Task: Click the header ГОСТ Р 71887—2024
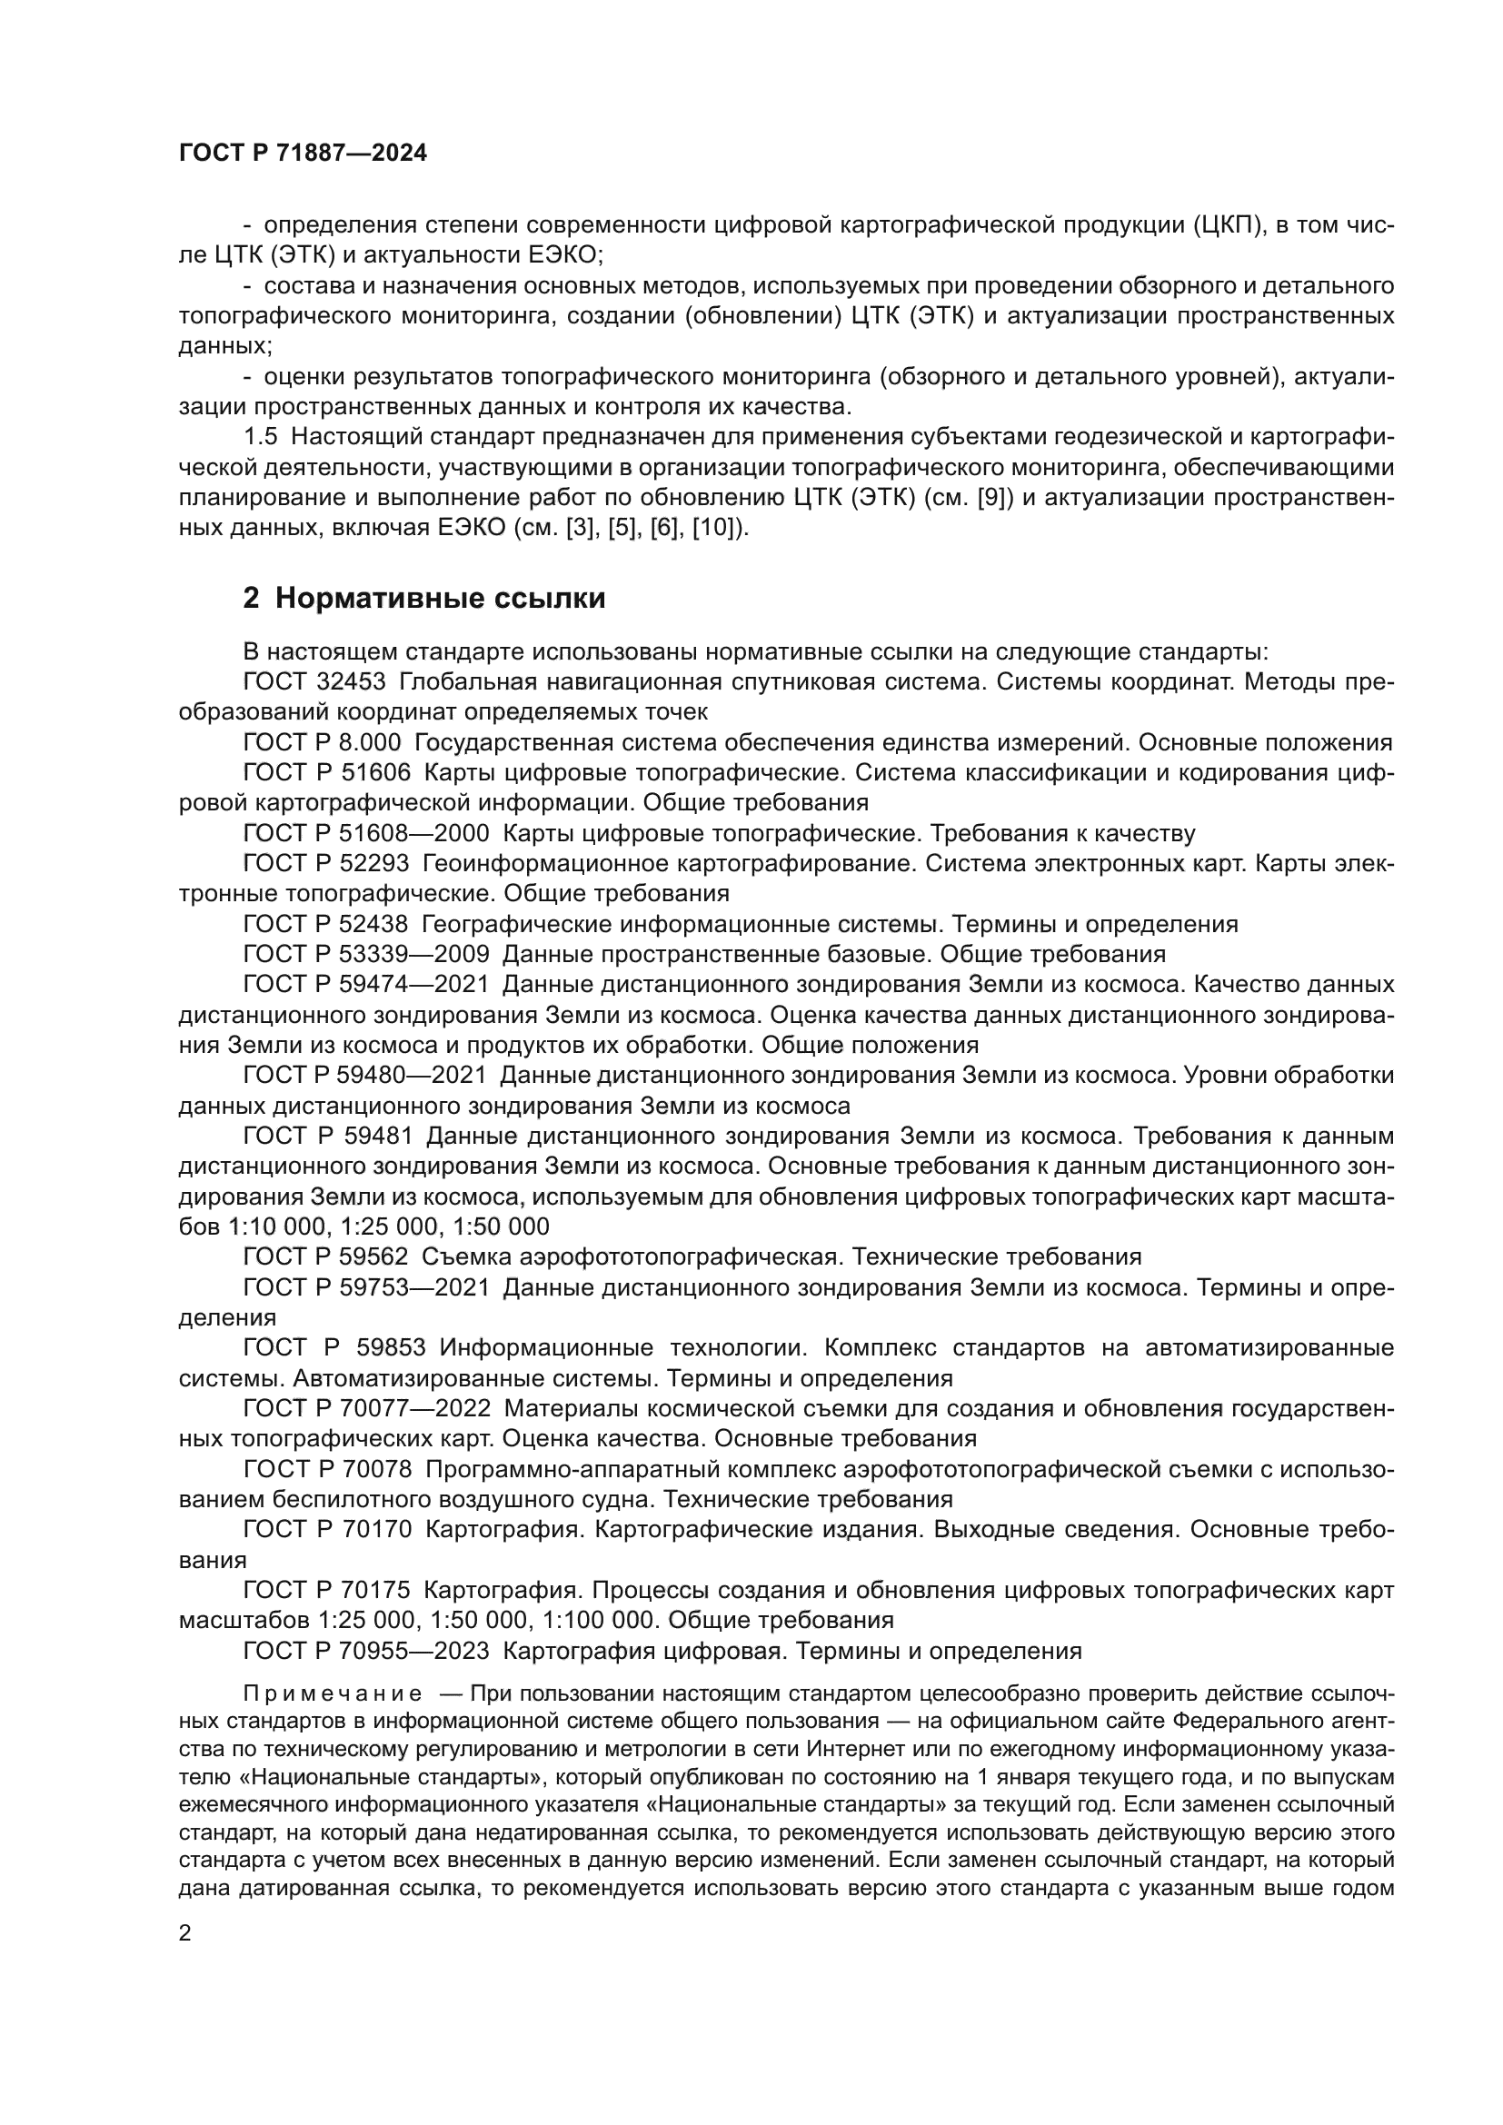(303, 154)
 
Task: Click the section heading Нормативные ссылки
(423, 599)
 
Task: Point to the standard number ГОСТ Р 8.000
(321, 742)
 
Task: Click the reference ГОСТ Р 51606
(327, 773)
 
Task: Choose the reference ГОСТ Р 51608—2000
(365, 833)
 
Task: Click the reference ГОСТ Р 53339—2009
(365, 953)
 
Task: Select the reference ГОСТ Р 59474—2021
(364, 984)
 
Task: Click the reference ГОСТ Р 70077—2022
(365, 1407)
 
